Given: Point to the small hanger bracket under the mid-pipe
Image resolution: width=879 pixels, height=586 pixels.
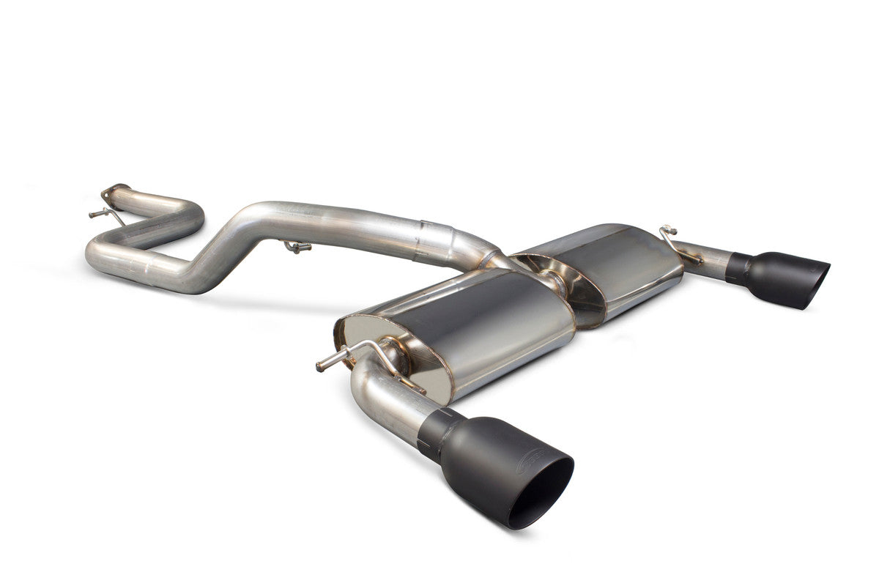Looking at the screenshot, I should click(297, 247).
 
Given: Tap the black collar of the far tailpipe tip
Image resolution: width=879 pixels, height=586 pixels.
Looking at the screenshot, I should click(738, 268).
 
